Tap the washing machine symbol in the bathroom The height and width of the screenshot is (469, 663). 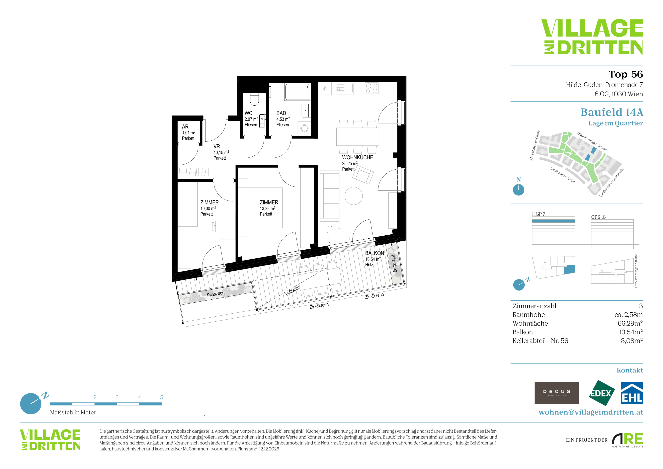pyautogui.click(x=304, y=128)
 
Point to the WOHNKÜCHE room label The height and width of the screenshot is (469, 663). pyautogui.click(x=357, y=157)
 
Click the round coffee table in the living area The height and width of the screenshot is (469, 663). pyautogui.click(x=353, y=196)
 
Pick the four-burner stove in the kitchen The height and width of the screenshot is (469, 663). pyautogui.click(x=372, y=88)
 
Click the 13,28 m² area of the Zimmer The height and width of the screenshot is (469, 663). pyautogui.click(x=267, y=208)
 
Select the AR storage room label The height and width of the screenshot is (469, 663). pyautogui.click(x=185, y=127)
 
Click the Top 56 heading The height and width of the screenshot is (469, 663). pyautogui.click(x=626, y=74)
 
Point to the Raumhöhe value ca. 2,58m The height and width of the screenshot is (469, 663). pyautogui.click(x=628, y=315)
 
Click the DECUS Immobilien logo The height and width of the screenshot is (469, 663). pyautogui.click(x=557, y=393)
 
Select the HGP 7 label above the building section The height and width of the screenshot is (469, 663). pyautogui.click(x=539, y=214)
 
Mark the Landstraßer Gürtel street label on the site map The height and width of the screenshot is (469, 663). pyautogui.click(x=563, y=175)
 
